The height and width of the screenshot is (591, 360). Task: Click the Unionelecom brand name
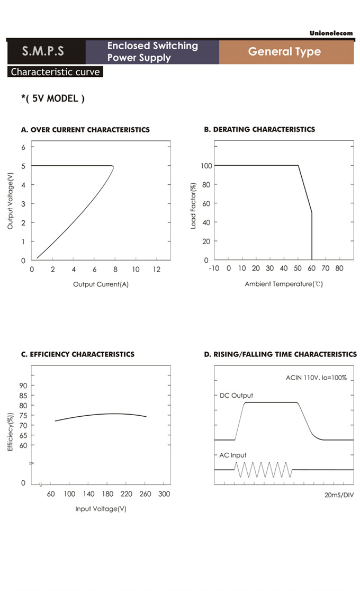[331, 33]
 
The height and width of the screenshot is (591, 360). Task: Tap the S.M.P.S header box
[43, 51]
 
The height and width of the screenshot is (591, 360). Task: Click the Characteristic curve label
[55, 72]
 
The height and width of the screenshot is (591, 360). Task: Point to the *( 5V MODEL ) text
[52, 98]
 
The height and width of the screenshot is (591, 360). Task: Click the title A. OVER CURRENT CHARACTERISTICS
[85, 130]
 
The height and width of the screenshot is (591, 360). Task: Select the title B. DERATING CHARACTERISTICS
[259, 129]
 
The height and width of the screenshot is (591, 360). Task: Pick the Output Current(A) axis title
[101, 284]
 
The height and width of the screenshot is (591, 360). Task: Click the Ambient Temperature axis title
[284, 284]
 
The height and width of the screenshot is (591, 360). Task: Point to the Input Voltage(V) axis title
[101, 509]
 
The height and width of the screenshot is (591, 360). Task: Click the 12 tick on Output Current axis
[156, 269]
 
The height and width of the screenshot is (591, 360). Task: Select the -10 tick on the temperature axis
[214, 269]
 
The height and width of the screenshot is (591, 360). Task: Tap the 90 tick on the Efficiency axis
[23, 386]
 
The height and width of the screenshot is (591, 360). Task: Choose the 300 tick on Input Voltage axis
[164, 494]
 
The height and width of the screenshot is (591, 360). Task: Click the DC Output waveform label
[236, 396]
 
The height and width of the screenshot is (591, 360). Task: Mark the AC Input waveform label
[233, 455]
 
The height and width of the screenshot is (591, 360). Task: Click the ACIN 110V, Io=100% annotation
[316, 378]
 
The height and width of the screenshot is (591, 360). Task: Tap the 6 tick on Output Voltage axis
[23, 147]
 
